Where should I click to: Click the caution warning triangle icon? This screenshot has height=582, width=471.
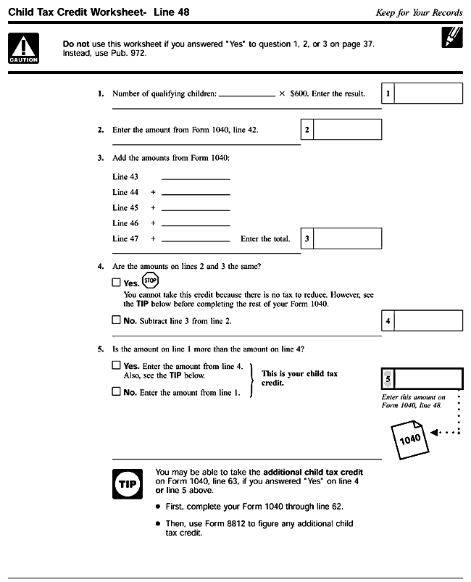(24, 49)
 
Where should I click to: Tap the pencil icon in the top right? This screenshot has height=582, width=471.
(451, 37)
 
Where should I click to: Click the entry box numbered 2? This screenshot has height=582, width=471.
(347, 130)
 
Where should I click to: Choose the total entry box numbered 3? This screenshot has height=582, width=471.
(347, 238)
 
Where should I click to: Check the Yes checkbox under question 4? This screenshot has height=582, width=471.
(117, 283)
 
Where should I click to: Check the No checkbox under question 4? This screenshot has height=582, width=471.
(117, 320)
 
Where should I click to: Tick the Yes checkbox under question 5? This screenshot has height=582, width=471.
(117, 366)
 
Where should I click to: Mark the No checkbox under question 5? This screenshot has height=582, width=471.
(117, 392)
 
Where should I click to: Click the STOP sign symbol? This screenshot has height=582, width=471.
(150, 280)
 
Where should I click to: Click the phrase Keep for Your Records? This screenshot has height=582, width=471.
(419, 12)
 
